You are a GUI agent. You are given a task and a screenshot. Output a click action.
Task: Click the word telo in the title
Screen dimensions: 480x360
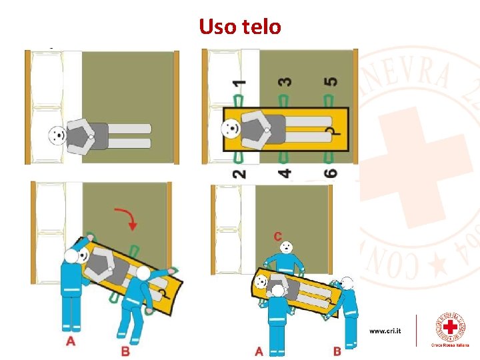(261, 27)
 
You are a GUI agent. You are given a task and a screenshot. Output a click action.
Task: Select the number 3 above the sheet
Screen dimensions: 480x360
(285, 82)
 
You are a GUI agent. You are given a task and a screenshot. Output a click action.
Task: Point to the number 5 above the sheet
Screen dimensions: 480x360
(330, 82)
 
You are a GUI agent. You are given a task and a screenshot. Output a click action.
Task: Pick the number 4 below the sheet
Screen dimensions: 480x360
(285, 173)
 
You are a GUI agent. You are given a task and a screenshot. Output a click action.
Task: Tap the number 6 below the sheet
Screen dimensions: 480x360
(330, 173)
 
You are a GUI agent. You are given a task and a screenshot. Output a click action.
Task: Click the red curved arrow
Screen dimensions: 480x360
(128, 219)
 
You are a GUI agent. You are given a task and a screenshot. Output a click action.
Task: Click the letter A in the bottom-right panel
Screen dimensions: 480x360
(259, 351)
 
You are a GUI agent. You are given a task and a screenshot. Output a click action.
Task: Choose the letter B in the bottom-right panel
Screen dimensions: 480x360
(337, 351)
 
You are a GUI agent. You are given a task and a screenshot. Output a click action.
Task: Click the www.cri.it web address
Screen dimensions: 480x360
(385, 331)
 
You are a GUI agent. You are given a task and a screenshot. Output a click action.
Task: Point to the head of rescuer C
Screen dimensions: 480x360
(286, 247)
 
